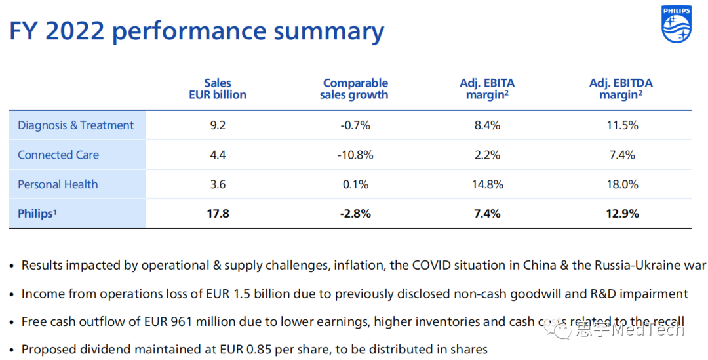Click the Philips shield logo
pyautogui.click(x=677, y=24)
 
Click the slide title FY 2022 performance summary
pyautogui.click(x=196, y=31)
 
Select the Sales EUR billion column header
pyautogui.click(x=218, y=89)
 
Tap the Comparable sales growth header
pyautogui.click(x=355, y=89)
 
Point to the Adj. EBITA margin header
pyautogui.click(x=487, y=89)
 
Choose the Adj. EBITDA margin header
pyautogui.click(x=621, y=89)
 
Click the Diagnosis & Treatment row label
pyautogui.click(x=75, y=125)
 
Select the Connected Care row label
pyautogui.click(x=58, y=155)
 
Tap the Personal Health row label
pyautogui.click(x=58, y=184)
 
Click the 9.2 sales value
pyautogui.click(x=218, y=125)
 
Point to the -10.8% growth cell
pyautogui.click(x=355, y=155)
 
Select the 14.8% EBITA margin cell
pyautogui.click(x=487, y=184)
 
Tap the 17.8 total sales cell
pyautogui.click(x=218, y=214)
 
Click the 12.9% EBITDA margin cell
pyautogui.click(x=621, y=214)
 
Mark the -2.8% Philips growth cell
pyautogui.click(x=355, y=214)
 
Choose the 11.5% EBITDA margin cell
pyautogui.click(x=621, y=125)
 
